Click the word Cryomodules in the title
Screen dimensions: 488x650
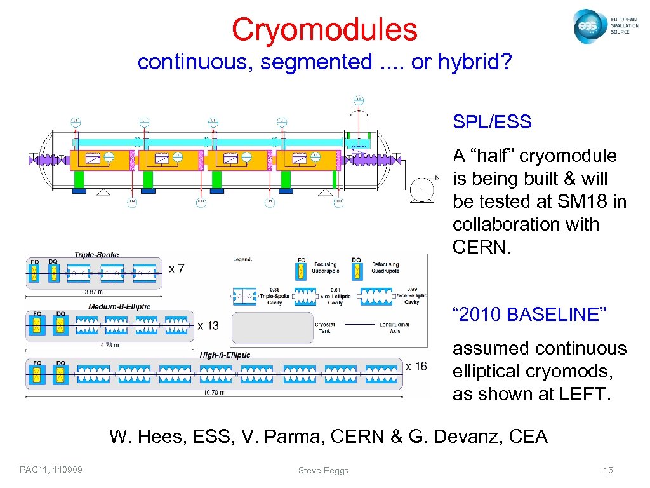(324, 29)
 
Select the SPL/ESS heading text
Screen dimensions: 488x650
(492, 122)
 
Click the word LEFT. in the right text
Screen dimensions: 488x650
(582, 394)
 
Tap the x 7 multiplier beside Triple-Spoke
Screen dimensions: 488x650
(176, 269)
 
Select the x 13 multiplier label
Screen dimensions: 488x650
(208, 325)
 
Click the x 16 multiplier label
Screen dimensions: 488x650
(416, 366)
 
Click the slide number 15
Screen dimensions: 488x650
(607, 470)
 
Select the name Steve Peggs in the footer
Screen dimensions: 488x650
(323, 470)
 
